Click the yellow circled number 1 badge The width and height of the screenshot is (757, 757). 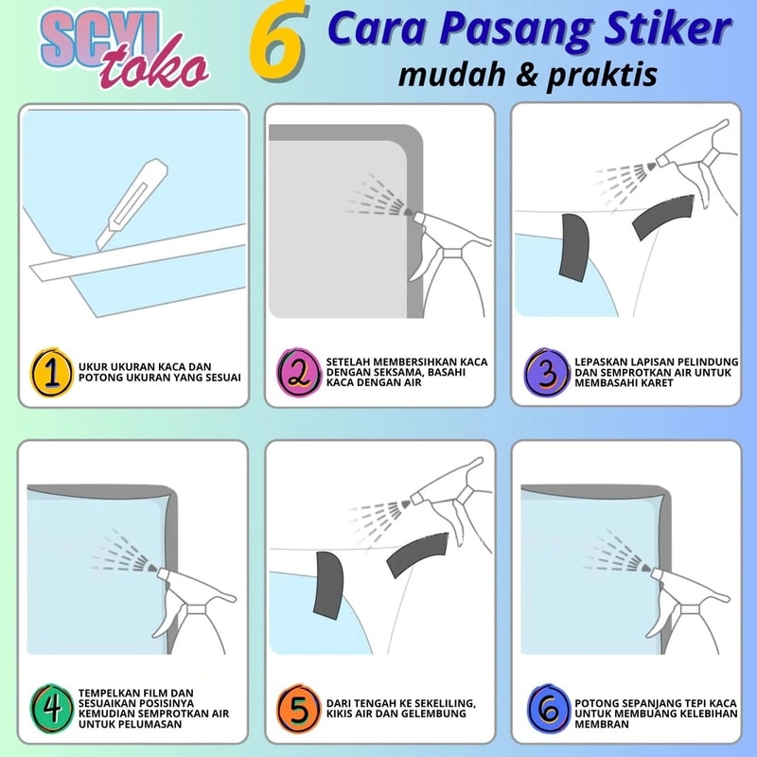(52, 372)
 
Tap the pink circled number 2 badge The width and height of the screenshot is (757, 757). (299, 372)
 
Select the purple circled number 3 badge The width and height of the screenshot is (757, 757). (547, 372)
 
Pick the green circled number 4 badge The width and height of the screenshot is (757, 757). (52, 708)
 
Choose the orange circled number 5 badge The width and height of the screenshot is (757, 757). (299, 708)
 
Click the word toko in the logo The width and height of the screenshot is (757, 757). (153, 66)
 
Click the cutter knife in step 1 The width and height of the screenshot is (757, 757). (132, 203)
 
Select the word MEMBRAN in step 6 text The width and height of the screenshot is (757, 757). (602, 724)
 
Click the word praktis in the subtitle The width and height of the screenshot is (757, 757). (603, 76)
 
